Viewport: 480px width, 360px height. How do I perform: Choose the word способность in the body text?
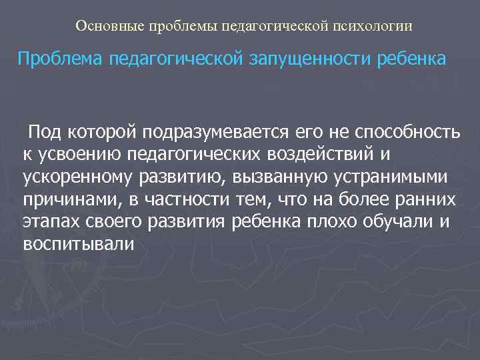pyautogui.click(x=407, y=133)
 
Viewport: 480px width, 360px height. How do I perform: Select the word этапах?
pyautogui.click(x=49, y=222)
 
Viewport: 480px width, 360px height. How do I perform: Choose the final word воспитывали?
pyautogui.click(x=78, y=245)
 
